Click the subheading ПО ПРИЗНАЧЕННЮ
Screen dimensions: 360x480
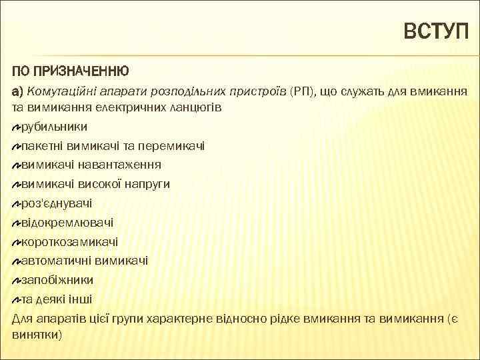(70, 71)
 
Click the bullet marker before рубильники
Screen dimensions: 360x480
(17, 126)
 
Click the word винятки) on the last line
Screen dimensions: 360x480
(37, 333)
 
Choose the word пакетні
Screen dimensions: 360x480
(41, 145)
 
